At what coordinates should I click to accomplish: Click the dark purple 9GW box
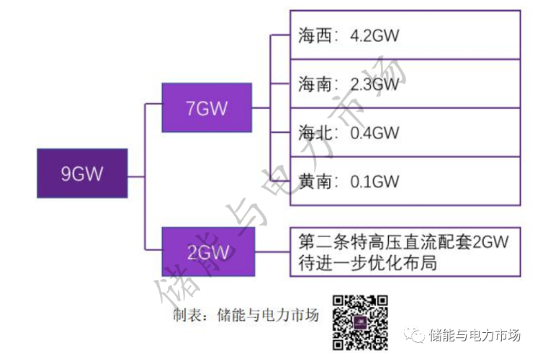pyautogui.click(x=82, y=173)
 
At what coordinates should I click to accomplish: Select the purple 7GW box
pyautogui.click(x=206, y=108)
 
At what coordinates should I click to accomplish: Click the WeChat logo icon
pyautogui.click(x=418, y=336)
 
